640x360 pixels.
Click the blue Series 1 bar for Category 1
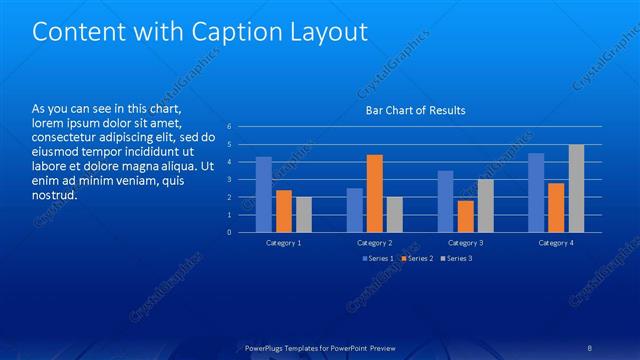(x=264, y=194)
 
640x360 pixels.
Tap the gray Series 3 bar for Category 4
(x=576, y=188)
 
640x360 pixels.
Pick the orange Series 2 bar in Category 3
(x=466, y=216)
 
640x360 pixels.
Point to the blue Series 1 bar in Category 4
(x=536, y=192)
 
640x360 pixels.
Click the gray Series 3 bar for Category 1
(x=304, y=214)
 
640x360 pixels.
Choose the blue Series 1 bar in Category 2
(x=355, y=210)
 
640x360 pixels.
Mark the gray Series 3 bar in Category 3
(x=486, y=205)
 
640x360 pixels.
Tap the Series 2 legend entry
(x=418, y=259)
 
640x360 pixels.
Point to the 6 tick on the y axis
(x=229, y=127)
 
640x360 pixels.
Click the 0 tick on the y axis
(x=229, y=232)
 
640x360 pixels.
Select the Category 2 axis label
(x=375, y=243)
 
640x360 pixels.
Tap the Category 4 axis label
(x=556, y=243)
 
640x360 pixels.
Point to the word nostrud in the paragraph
(x=55, y=195)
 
